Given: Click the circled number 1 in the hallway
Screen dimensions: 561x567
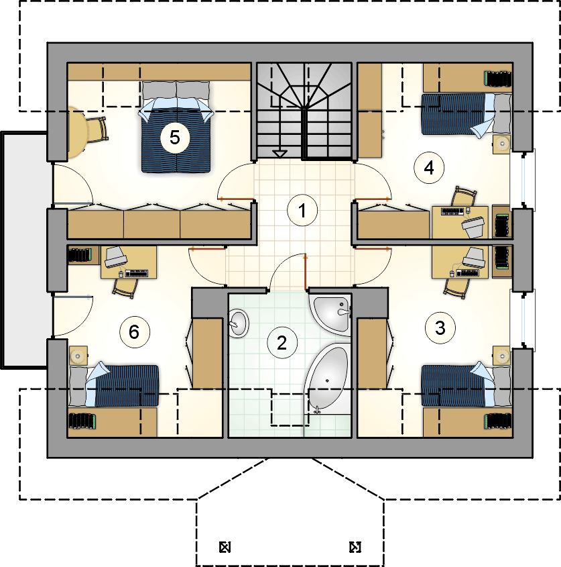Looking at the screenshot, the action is pos(302,210).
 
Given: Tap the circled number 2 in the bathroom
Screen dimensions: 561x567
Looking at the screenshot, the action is pos(282,342).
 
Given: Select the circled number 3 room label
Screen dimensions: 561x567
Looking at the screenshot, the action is pos(440,328).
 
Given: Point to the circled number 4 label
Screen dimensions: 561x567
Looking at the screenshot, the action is pos(429,168).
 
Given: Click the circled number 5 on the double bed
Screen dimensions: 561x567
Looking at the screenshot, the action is pos(175,137).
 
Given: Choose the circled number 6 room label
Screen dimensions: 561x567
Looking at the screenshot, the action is pos(134,332).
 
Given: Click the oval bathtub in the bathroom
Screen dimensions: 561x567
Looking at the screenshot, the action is pos(328,378).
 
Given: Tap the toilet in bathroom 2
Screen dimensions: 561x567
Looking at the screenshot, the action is pos(239,322).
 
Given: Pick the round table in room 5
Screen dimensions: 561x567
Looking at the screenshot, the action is pos(77,133).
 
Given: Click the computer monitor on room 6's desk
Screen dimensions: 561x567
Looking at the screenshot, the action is pos(115,258).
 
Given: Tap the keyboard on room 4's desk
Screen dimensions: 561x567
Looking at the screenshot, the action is pos(452,211).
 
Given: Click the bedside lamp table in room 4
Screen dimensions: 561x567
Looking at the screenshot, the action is pos(502,144).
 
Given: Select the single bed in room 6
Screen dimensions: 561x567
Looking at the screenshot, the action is pos(114,385).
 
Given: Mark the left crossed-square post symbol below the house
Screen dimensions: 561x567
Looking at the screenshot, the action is pos(225,547).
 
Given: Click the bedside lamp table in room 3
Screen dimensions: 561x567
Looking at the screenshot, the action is pos(502,356).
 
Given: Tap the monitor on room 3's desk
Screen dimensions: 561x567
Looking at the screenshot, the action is pos(474,258).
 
